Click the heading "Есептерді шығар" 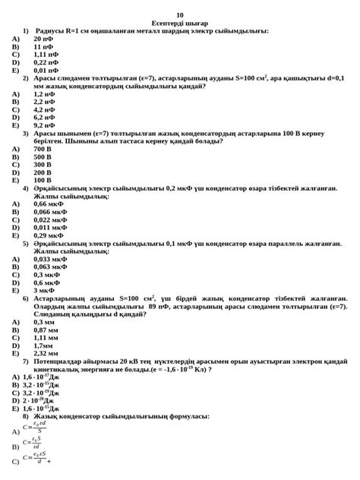coord(179,24)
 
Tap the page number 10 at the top coord(180,15)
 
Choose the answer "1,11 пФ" coord(46,54)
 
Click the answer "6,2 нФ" coord(44,117)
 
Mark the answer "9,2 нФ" coord(44,125)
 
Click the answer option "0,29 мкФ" coord(48,235)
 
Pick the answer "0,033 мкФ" coord(49,259)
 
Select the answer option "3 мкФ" coord(44,290)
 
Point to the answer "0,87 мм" coord(46,330)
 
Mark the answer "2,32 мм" coord(46,353)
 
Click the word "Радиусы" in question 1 coord(49,31)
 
